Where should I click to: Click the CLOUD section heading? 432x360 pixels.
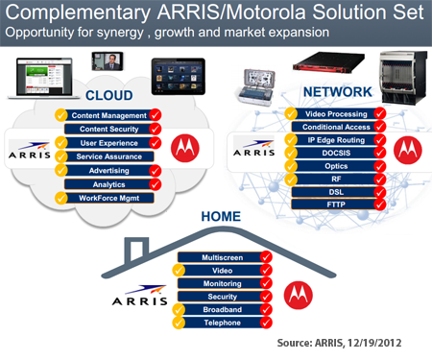109,95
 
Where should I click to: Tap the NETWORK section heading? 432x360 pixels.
338,92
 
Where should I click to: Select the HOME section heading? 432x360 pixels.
221,216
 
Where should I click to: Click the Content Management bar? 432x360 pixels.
109,115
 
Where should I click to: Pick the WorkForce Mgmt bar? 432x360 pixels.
109,198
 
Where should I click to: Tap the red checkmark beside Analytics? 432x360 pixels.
156,184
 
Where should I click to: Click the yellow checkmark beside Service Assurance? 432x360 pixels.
60,156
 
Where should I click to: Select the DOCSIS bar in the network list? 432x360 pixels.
336,153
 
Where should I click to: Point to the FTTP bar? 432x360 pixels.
336,204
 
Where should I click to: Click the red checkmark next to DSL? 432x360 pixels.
380,192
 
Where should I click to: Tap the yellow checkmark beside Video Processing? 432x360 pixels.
291,114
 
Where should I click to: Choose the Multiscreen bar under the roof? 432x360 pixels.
223,257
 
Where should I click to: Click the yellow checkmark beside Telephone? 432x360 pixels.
179,323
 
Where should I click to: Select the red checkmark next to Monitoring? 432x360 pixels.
266,283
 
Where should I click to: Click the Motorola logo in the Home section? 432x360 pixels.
299,295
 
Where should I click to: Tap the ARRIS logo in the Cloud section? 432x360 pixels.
30,150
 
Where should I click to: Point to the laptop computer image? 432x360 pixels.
43,78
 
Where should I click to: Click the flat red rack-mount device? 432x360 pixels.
328,61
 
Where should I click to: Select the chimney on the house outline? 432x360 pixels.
136,249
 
